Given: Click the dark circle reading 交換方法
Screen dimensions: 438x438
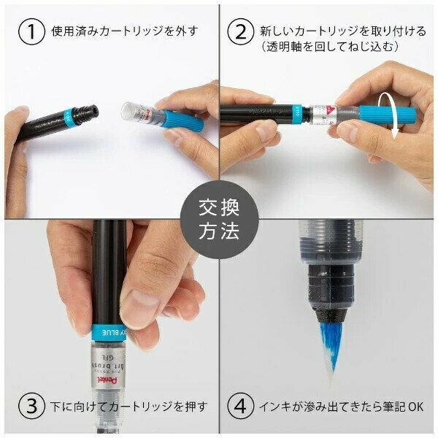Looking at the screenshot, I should pyautogui.click(x=218, y=219).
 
